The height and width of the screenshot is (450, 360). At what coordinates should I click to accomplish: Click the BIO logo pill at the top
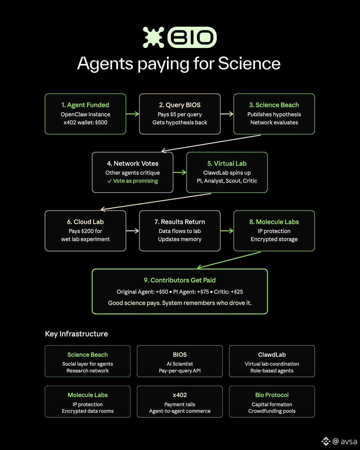click(192, 37)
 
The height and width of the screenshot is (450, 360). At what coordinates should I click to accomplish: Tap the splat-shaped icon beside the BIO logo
click(153, 37)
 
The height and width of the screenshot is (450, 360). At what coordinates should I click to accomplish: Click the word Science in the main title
click(249, 63)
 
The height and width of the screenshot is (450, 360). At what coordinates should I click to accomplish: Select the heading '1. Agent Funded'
click(85, 105)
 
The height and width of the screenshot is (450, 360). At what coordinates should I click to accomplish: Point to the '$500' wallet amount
click(101, 122)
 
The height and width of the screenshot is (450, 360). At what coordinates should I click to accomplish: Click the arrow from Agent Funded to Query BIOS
click(132, 114)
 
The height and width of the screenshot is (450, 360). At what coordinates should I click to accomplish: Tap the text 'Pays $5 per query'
click(180, 114)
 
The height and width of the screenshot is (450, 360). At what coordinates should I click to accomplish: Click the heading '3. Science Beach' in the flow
click(274, 105)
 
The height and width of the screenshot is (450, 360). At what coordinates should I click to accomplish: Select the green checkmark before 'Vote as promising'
click(109, 181)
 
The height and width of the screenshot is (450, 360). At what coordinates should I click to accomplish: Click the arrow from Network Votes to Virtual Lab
click(180, 172)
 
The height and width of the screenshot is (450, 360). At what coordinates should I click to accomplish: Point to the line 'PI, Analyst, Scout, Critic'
click(227, 181)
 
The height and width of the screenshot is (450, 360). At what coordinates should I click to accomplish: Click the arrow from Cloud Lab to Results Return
click(132, 231)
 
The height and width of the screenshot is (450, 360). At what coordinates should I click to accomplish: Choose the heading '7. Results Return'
click(180, 222)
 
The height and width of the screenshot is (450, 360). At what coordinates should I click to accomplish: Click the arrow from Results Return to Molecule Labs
click(227, 231)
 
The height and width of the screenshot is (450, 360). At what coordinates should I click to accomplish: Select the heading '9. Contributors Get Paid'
click(180, 280)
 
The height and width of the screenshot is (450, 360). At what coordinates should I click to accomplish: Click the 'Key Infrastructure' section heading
click(76, 334)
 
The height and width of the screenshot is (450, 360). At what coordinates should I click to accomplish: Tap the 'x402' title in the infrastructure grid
click(180, 395)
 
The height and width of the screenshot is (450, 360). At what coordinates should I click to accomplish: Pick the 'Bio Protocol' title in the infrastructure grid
click(272, 395)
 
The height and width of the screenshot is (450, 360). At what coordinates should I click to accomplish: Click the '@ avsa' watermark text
click(345, 441)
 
